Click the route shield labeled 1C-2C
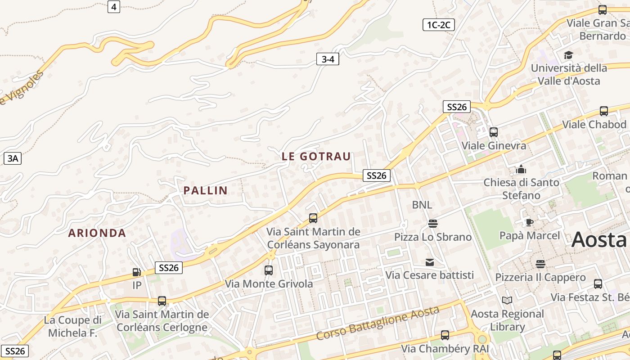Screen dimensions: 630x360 pos(439,25)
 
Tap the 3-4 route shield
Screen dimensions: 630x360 pos(328,59)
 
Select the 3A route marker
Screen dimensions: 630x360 pos(13,158)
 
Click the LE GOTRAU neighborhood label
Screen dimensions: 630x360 pos(316,157)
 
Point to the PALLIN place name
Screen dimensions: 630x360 pos(205,190)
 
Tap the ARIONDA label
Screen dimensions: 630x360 pos(97,233)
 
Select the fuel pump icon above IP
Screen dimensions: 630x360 pos(137,272)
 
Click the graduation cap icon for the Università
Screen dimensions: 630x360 pos(568,55)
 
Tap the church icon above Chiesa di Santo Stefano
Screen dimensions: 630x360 pos(521,169)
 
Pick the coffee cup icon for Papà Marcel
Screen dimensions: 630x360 pos(530,222)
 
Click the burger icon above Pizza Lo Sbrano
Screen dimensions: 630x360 pos(433,224)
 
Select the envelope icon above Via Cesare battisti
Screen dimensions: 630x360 pos(430,262)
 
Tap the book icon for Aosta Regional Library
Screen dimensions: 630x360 pos(507,300)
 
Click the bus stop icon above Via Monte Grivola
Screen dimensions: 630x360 pos(269,270)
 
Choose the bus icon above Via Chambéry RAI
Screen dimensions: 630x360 pos(445,335)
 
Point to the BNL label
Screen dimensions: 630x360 pos(422,205)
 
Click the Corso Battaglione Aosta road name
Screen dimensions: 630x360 pos(378,323)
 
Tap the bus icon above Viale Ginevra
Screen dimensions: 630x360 pos(494,132)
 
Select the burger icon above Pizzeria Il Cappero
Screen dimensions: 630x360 pos(540,264)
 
